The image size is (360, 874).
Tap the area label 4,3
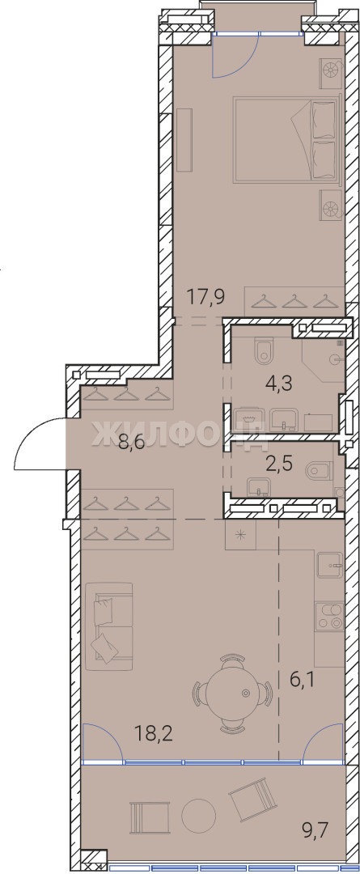pos(280,383)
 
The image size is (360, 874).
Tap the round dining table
pos(233,692)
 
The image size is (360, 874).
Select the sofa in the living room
pos(109,626)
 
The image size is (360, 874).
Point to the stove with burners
pos(328,617)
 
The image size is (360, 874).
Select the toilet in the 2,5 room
pos(317,472)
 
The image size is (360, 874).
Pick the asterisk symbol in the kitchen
pos(241,535)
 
